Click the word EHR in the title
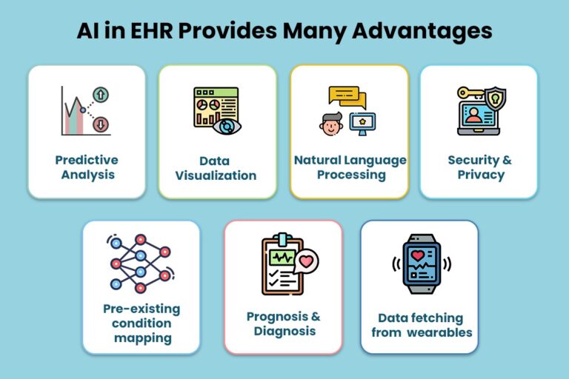[x=151, y=30]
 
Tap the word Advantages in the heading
[x=422, y=32]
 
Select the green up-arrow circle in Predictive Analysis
[x=101, y=95]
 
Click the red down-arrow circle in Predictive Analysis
[x=101, y=124]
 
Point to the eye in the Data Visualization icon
[x=227, y=127]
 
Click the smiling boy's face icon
[x=331, y=124]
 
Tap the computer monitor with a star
[x=362, y=124]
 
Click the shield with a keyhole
[x=495, y=98]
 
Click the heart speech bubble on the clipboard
[x=305, y=261]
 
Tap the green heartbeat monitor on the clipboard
[x=282, y=258]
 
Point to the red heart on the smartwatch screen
[x=418, y=255]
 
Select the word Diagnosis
[x=284, y=332]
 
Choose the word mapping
[x=142, y=339]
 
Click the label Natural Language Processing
[x=350, y=167]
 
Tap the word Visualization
[x=216, y=175]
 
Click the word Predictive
[x=87, y=160]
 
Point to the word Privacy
[x=481, y=175]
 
